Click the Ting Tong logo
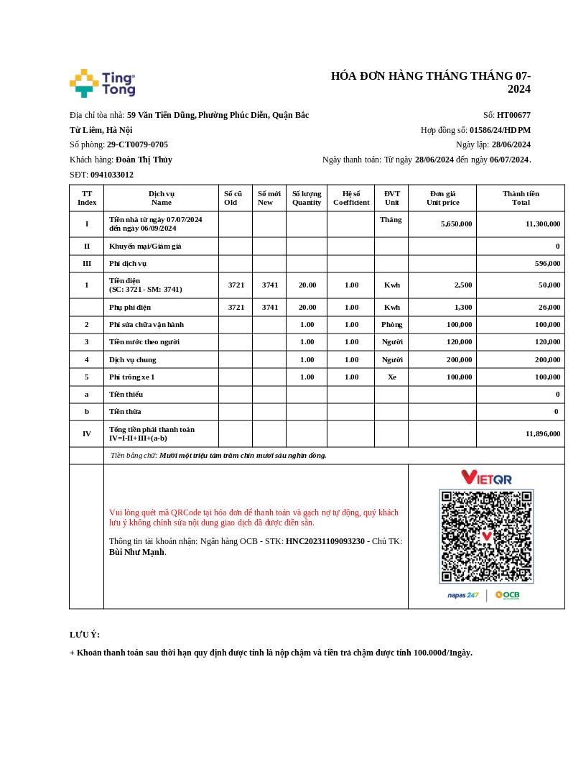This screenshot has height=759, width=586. [103, 83]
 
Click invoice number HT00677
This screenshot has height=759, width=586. [513, 115]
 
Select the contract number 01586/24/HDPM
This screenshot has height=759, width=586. [500, 130]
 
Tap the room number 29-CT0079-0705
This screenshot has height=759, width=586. [137, 144]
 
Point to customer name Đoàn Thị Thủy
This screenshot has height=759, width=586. [144, 160]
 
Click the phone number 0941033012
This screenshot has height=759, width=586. [112, 175]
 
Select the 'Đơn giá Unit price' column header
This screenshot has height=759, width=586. [442, 198]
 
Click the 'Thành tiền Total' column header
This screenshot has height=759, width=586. [521, 198]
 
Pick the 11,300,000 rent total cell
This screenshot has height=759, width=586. [542, 224]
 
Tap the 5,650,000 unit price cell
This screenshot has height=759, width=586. [456, 224]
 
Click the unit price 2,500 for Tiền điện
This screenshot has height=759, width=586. [462, 285]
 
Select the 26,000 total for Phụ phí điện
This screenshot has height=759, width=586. [549, 308]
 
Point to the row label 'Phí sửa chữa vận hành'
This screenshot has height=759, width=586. [146, 325]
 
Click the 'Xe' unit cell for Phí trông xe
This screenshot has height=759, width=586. [391, 377]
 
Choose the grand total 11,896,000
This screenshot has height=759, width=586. [542, 434]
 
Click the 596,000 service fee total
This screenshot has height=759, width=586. [547, 264]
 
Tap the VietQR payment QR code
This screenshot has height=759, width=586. [486, 536]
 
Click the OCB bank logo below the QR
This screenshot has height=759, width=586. [507, 595]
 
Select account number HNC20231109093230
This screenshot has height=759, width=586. [325, 541]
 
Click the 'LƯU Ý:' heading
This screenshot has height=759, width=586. [85, 635]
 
